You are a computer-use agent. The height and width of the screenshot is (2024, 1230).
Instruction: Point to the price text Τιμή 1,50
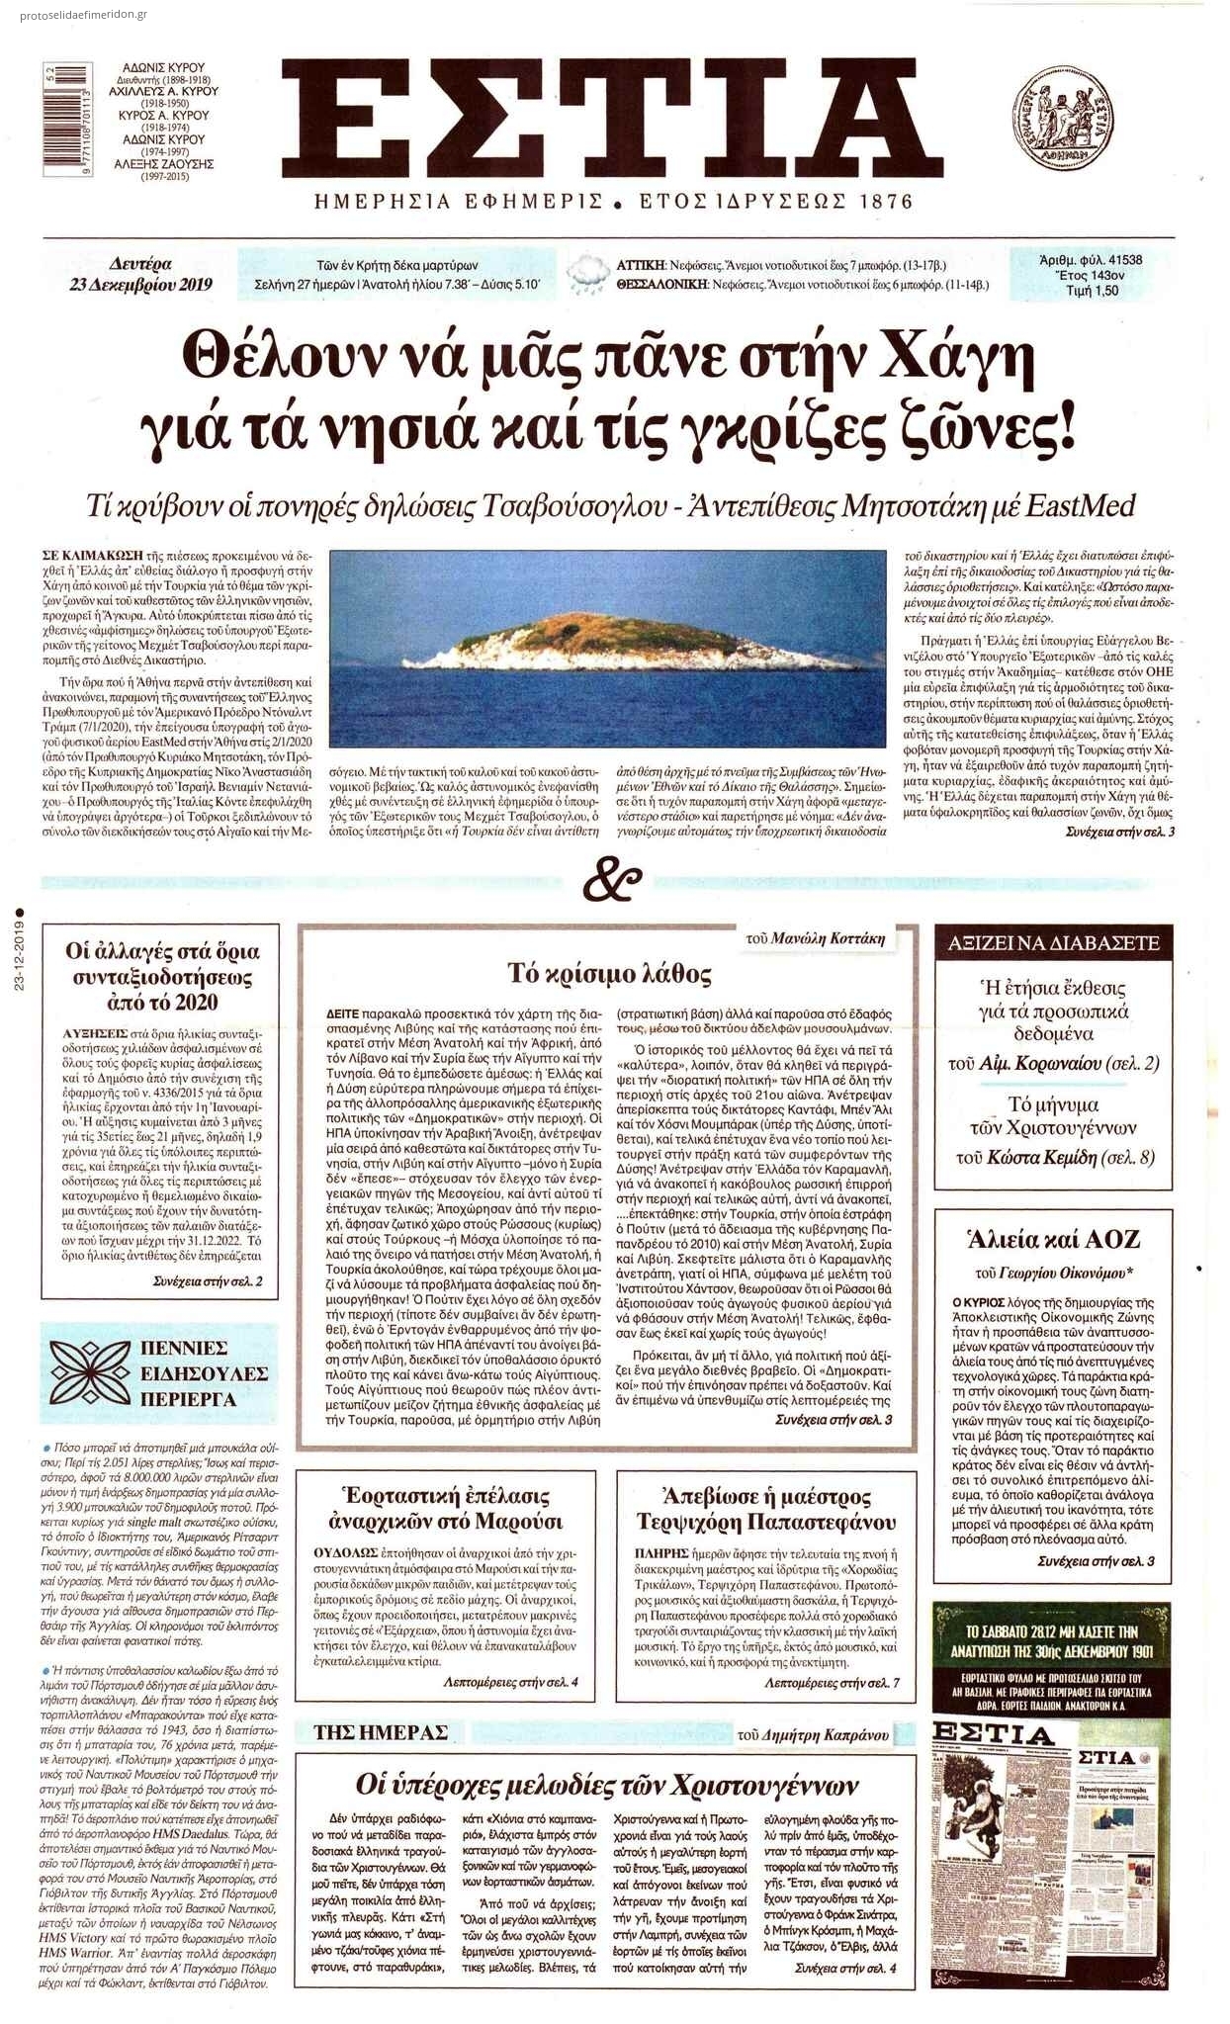click(1093, 291)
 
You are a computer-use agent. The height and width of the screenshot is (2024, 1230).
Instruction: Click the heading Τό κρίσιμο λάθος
click(609, 974)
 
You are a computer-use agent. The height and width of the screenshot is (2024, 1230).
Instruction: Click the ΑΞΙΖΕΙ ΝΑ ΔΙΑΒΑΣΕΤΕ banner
click(1053, 943)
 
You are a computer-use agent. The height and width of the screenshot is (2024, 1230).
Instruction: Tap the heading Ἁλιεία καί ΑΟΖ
click(1053, 1239)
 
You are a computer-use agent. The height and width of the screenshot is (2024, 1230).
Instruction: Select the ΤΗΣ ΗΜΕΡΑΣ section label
click(381, 1731)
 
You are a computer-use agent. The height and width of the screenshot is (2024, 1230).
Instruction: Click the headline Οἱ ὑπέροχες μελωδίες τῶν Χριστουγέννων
click(607, 1785)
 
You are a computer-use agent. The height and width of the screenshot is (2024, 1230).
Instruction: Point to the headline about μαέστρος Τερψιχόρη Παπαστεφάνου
click(766, 1508)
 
